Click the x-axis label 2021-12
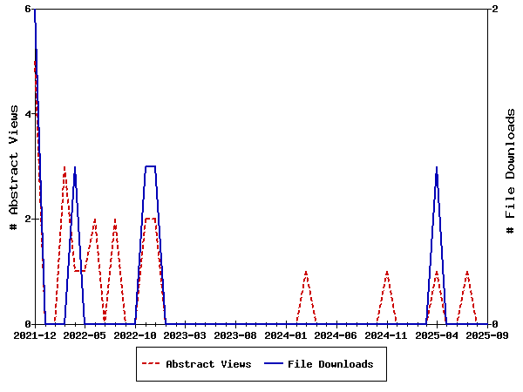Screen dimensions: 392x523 (35, 335)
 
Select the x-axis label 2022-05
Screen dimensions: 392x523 (85, 335)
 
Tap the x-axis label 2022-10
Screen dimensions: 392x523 (136, 335)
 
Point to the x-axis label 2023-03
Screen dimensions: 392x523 (187, 335)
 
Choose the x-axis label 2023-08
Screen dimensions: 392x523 (236, 335)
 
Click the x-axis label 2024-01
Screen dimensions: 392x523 (287, 335)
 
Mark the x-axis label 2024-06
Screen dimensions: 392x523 (337, 335)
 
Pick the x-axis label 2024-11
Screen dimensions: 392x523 (387, 335)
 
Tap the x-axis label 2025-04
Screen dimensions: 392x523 (438, 335)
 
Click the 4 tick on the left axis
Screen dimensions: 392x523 (28, 114)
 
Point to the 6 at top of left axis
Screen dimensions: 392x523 (28, 9)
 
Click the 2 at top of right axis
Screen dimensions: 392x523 (495, 9)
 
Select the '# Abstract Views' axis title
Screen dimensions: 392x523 (13, 166)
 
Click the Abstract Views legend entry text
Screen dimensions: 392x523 (208, 364)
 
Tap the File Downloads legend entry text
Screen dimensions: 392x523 (330, 364)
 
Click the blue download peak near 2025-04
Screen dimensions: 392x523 (437, 167)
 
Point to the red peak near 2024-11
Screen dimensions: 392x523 (387, 272)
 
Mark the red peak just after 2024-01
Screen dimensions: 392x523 (306, 272)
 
